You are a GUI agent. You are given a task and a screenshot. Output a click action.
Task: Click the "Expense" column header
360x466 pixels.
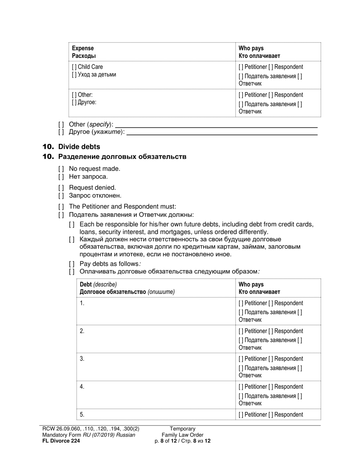pos(83,48)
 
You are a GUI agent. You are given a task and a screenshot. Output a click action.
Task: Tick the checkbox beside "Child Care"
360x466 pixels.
pos(74,67)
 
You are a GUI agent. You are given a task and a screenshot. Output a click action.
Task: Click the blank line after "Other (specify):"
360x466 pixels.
pos(216,125)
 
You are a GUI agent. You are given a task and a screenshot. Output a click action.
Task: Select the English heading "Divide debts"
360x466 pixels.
pos(79,147)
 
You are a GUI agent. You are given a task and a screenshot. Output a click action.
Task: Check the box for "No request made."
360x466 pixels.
pos(61,169)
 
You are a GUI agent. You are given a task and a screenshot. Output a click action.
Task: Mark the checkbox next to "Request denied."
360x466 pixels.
pos(61,188)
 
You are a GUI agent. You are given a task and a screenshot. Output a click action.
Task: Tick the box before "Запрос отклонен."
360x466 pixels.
pos(61,196)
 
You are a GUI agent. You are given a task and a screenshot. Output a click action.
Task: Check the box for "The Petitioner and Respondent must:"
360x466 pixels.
pos(61,207)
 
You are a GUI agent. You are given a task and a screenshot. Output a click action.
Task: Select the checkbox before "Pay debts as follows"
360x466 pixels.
pos(72,264)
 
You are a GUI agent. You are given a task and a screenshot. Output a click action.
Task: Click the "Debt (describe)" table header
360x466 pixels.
pos(98,285)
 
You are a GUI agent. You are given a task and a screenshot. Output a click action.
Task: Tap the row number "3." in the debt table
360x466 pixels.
pos(82,359)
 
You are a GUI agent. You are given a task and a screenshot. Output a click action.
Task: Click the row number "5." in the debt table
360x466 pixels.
pos(82,414)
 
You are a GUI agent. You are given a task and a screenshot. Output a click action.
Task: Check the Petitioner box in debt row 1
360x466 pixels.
pos(241,303)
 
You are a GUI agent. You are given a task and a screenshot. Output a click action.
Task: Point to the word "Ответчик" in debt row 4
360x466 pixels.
pos(250,403)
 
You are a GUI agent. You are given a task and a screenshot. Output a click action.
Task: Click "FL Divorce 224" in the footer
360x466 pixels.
pos(61,441)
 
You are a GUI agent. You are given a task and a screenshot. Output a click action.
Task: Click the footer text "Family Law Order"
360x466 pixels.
pos(182,435)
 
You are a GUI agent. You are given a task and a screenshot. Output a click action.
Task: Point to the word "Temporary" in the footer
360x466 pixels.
pos(182,429)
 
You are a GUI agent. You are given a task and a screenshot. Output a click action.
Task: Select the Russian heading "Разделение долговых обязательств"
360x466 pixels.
pos(122,157)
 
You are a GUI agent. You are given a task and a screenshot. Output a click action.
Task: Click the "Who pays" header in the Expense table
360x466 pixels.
pos(251,48)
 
